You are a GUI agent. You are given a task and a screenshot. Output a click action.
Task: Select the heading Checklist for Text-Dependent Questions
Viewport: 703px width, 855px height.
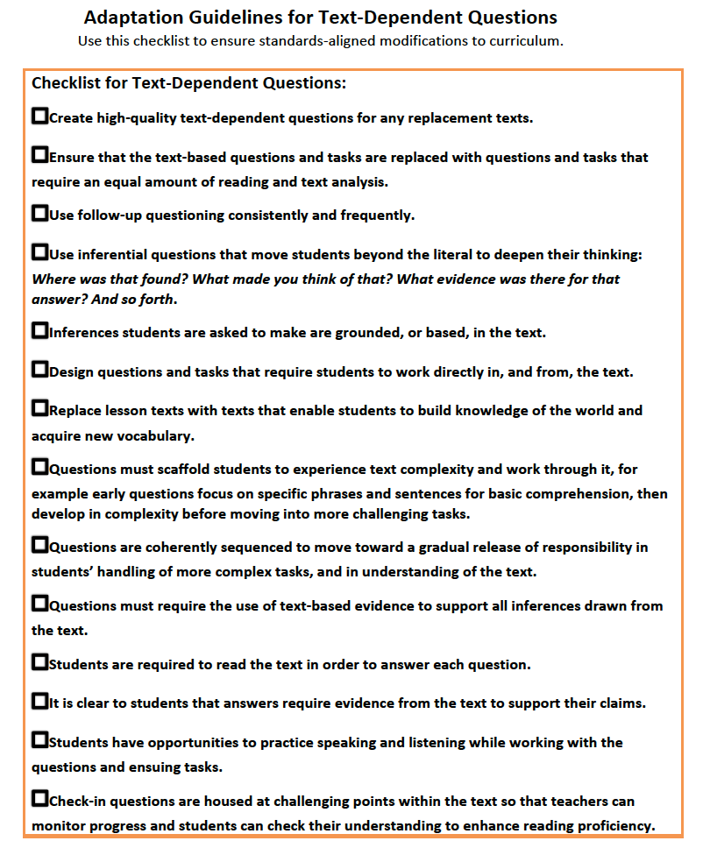(189, 84)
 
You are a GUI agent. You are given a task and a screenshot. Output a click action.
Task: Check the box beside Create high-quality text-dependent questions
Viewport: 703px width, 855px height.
(39, 116)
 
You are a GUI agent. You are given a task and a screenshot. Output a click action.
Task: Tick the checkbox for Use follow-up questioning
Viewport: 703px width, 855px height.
(39, 213)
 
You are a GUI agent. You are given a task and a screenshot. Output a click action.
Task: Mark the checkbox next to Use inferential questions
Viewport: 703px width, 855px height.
(39, 252)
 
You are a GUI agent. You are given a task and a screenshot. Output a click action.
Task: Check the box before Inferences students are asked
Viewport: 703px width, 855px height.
(39, 330)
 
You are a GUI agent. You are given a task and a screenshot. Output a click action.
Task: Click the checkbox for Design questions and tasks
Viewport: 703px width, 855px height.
(39, 370)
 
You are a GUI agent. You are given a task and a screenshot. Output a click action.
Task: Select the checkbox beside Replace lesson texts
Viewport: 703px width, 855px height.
(39, 408)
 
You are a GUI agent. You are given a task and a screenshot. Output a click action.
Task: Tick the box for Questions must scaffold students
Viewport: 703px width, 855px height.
(39, 467)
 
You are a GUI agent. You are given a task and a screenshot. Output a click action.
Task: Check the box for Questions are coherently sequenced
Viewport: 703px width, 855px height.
(39, 545)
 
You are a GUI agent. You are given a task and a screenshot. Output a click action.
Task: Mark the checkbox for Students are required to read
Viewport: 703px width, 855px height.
(39, 662)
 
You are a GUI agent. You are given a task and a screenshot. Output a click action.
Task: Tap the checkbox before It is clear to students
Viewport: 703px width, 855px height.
(39, 701)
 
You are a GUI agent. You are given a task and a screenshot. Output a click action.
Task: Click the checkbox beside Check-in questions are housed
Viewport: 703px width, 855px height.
(39, 799)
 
